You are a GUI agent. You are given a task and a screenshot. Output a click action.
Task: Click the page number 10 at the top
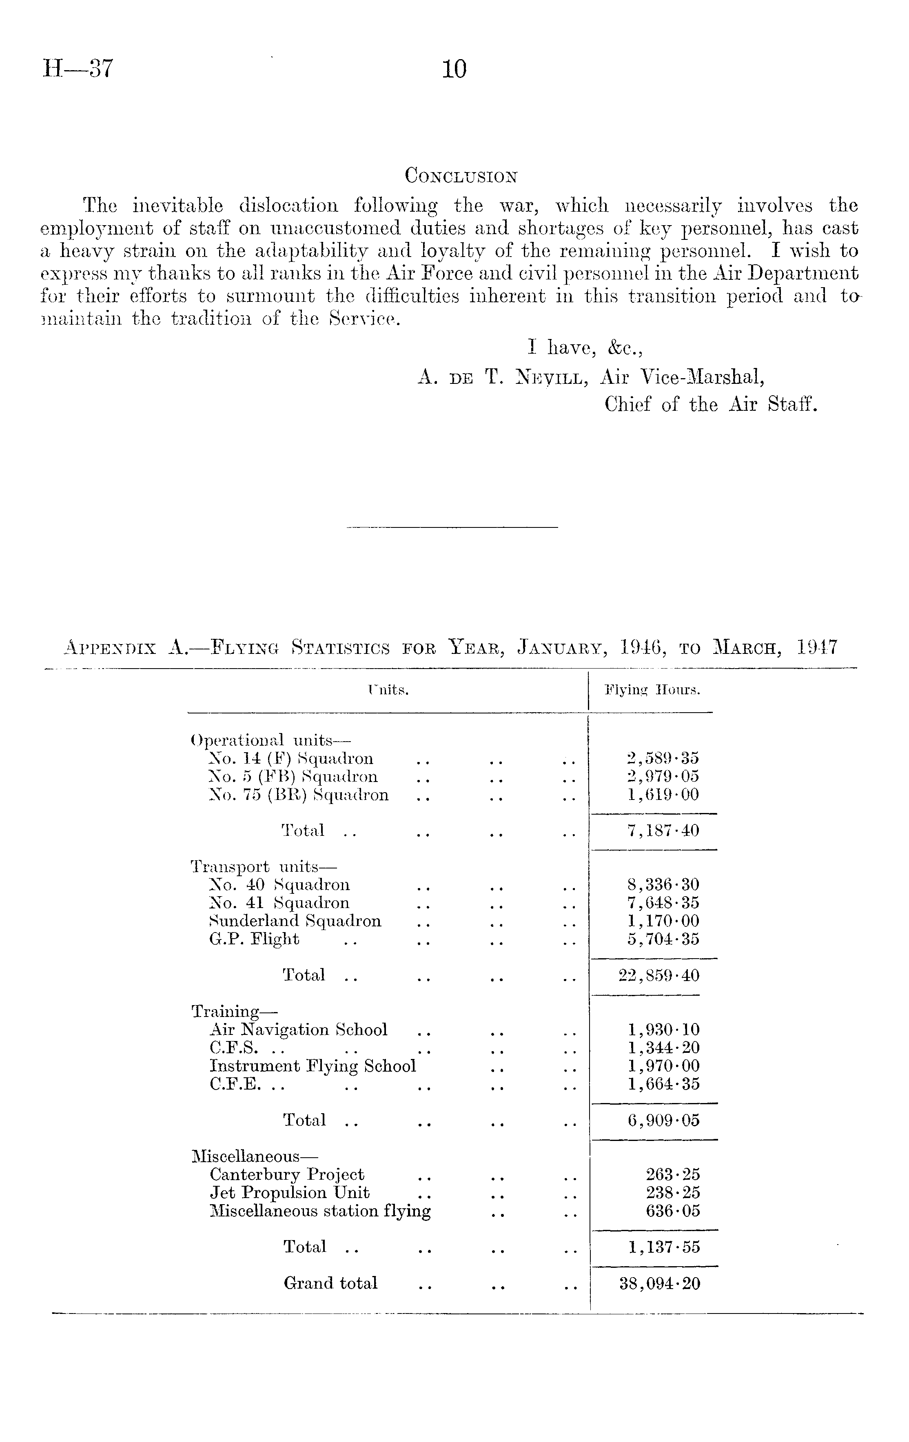(454, 69)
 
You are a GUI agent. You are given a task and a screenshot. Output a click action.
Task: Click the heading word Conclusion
(461, 176)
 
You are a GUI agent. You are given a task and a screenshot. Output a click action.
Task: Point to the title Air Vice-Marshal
(682, 377)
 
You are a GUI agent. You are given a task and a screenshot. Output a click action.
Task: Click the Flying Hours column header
(652, 691)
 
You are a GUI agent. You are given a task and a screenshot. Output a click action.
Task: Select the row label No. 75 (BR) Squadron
(299, 795)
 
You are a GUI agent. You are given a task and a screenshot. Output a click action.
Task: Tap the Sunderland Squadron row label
(295, 921)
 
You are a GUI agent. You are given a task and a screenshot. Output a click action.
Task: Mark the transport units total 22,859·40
(658, 975)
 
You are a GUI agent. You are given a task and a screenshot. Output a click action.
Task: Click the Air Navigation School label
(298, 1030)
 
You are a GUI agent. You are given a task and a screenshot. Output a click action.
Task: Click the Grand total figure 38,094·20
(659, 1283)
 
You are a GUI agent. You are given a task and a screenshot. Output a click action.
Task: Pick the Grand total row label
(330, 1283)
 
